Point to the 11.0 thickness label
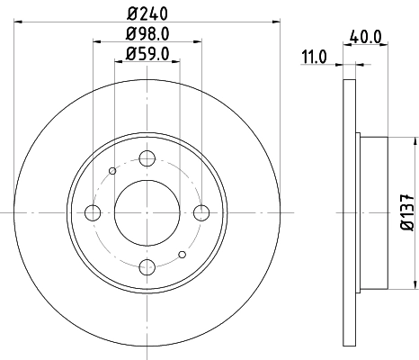(x=314, y=57)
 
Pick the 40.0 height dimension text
(x=364, y=39)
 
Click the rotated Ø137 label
(x=404, y=212)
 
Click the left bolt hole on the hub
(x=92, y=212)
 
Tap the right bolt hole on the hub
(x=201, y=212)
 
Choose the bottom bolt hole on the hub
(x=147, y=267)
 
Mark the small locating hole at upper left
(x=111, y=171)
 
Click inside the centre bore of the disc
(x=147, y=212)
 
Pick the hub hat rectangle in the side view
(x=373, y=212)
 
